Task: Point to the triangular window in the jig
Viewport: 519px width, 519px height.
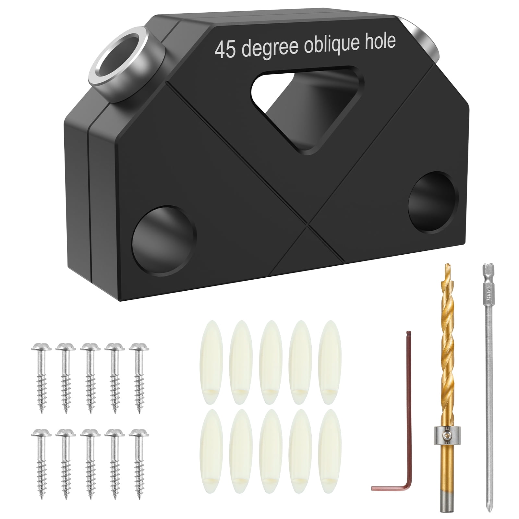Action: click(305, 101)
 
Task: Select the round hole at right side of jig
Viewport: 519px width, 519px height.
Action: click(432, 202)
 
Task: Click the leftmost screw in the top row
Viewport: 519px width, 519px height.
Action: click(41, 376)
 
